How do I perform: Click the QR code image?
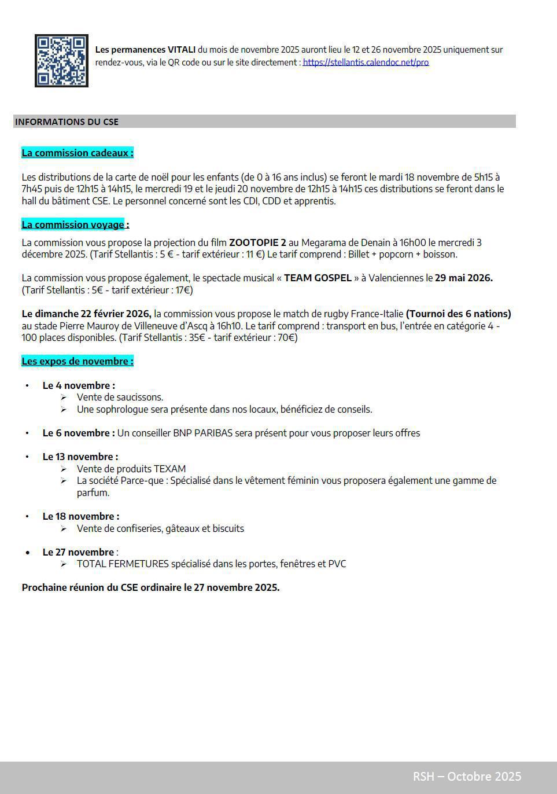coord(61,61)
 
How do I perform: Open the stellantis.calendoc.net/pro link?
coord(366,63)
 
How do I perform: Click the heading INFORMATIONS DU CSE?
coord(67,122)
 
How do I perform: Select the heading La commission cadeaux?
coord(77,153)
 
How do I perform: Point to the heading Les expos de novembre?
coord(77,361)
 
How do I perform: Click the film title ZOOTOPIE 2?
coord(257,242)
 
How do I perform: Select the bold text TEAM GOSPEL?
coord(318,278)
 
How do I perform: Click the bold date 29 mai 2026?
coord(463,278)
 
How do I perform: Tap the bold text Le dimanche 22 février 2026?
coord(86,314)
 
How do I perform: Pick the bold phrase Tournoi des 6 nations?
coord(458,314)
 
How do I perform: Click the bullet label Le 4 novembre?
coord(78,385)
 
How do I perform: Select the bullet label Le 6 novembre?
coord(78,433)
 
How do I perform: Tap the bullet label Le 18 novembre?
coord(80,516)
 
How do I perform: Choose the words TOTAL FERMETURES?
coord(123,564)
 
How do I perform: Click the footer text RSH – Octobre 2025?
coord(467,776)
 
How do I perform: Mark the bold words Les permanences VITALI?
coord(145,50)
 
